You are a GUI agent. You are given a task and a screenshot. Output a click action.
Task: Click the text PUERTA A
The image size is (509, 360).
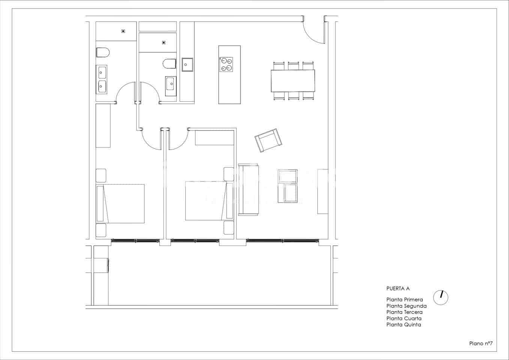(398, 288)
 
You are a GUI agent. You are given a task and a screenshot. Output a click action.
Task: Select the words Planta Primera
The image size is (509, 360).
(404, 300)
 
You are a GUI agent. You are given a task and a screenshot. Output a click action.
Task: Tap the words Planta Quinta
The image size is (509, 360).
(404, 325)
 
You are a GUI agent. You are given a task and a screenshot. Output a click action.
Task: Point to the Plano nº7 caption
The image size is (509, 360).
(480, 343)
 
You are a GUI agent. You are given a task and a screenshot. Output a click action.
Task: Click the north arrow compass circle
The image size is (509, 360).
(441, 297)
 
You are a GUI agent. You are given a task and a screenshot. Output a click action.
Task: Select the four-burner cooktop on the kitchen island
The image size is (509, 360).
(226, 64)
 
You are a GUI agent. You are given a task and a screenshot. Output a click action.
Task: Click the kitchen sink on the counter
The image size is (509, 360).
(187, 64)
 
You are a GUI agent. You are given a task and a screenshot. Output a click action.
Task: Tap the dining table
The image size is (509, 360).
(293, 81)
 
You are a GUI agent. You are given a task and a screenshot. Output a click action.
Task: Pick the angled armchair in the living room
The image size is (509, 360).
(268, 141)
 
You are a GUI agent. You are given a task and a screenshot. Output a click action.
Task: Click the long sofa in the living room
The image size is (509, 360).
(248, 190)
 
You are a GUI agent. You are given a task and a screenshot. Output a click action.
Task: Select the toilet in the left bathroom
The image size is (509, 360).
(102, 52)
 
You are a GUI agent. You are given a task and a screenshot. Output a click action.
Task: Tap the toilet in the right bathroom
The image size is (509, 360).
(170, 64)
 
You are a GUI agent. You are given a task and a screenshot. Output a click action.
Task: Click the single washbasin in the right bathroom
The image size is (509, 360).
(170, 84)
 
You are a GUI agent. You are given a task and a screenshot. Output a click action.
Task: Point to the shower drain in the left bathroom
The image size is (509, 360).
(123, 31)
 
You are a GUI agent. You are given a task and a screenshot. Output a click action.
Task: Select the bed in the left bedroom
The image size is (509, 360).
(120, 204)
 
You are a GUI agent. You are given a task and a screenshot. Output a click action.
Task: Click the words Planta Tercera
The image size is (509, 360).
(404, 312)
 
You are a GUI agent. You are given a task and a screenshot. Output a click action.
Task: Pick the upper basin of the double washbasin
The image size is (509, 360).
(102, 72)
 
